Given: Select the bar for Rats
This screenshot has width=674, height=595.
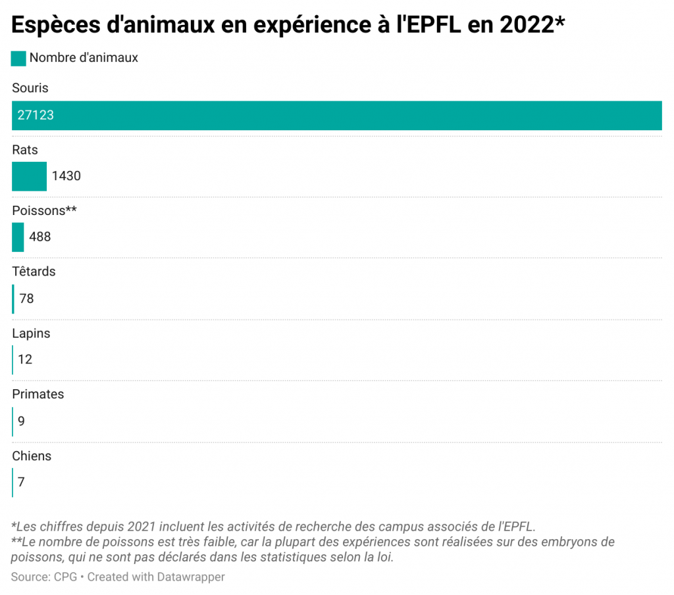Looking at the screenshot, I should tap(29, 176).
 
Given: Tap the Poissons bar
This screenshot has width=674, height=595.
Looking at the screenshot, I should tap(18, 237).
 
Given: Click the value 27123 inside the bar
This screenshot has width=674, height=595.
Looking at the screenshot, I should tap(36, 115).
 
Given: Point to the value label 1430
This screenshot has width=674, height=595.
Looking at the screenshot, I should tap(66, 176).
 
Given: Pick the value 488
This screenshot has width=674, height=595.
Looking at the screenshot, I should tap(40, 237).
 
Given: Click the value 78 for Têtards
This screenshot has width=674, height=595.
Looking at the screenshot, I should tap(26, 298).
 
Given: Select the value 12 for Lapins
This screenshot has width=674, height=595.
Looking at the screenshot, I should tap(25, 360).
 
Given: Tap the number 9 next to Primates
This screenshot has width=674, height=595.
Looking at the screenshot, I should tap(21, 421).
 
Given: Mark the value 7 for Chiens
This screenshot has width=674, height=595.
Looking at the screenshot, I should tap(21, 482).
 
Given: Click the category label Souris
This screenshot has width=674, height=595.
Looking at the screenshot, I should tap(30, 88).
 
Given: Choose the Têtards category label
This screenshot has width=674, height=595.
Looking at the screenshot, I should tap(34, 272).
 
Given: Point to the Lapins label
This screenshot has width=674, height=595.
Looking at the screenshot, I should tap(31, 333).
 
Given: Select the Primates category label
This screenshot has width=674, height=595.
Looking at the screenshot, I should tap(38, 394).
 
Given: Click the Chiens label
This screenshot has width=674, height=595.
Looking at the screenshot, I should tap(32, 456).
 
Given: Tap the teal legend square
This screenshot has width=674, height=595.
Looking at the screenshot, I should tap(18, 58).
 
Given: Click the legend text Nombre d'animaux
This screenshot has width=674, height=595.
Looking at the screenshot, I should tap(84, 58).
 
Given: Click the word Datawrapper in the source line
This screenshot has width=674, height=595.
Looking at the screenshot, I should tap(191, 577).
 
